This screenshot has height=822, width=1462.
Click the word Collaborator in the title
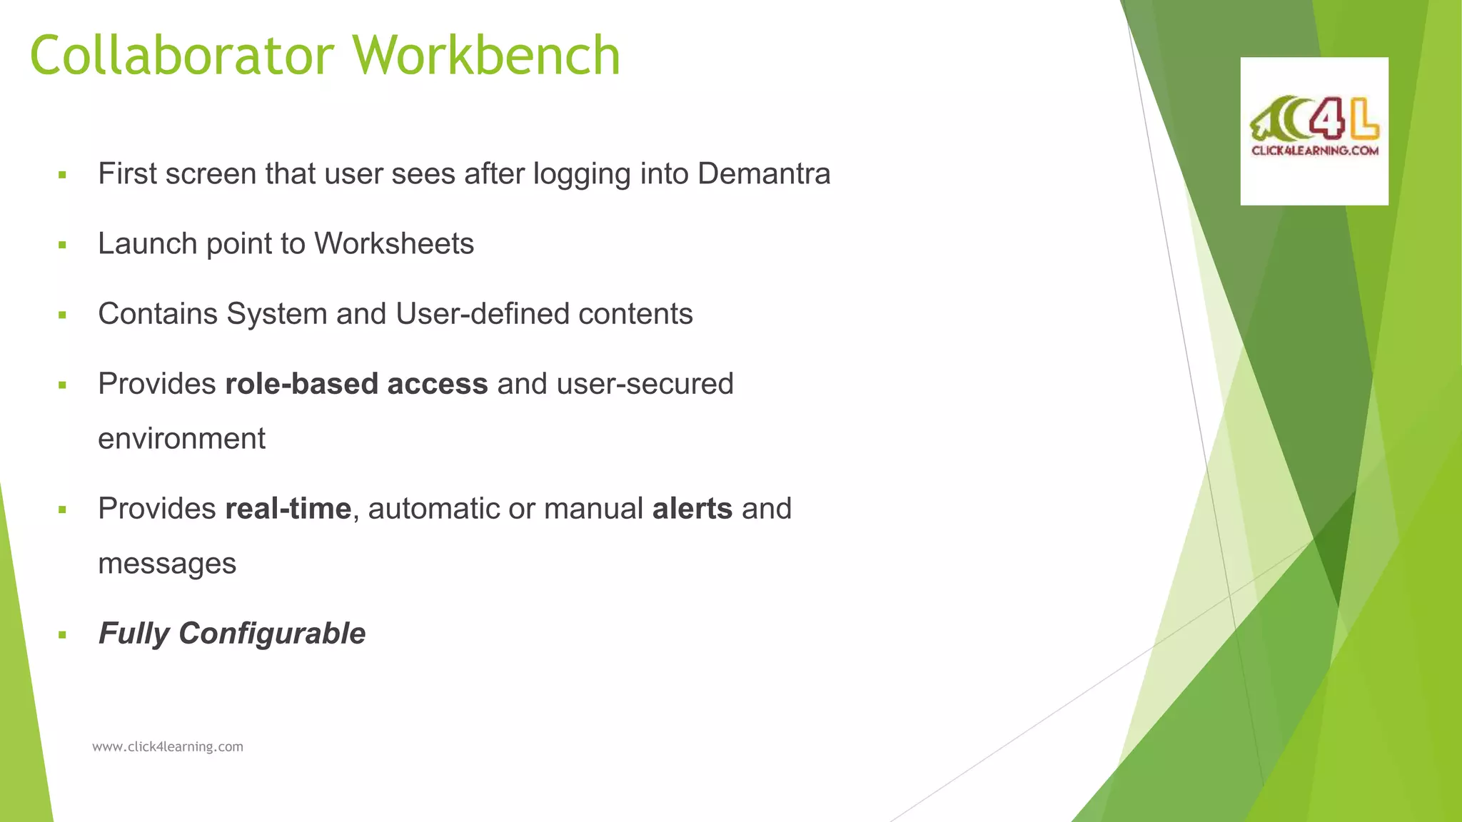[x=182, y=56]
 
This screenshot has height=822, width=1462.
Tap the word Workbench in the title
[x=486, y=56]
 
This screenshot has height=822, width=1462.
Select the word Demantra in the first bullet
[x=764, y=174]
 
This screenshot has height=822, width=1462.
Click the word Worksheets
[x=394, y=244]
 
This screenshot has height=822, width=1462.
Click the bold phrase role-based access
[x=356, y=384]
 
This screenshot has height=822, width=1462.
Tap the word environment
[x=181, y=439]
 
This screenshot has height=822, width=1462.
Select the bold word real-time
[x=288, y=509]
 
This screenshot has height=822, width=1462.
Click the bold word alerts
[x=692, y=509]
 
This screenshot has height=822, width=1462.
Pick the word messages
[x=167, y=564]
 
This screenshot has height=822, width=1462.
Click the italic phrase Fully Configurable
[x=232, y=634]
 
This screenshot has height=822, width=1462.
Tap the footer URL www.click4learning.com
[x=168, y=747]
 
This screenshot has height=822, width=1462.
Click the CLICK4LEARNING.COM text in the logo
[x=1314, y=151]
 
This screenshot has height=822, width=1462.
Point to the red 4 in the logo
[x=1326, y=118]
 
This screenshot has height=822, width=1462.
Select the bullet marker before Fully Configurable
[x=63, y=634]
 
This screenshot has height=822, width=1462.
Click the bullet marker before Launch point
[x=63, y=245]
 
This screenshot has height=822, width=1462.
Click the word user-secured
[x=645, y=384]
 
